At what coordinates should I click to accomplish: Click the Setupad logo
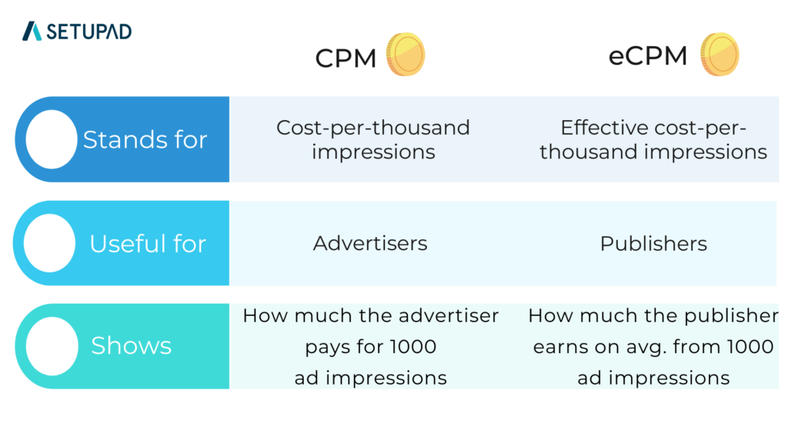[x=77, y=32]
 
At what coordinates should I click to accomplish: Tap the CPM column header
[x=346, y=58]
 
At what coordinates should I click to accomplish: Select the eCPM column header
[x=647, y=56]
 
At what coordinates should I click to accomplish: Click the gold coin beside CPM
[x=405, y=55]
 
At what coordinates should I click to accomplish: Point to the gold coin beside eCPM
[x=720, y=55]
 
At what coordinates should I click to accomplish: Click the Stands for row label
[x=145, y=140]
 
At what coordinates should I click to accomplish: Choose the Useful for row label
[x=148, y=244]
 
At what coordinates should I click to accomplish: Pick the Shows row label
[x=131, y=346]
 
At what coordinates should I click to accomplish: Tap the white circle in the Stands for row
[x=52, y=139]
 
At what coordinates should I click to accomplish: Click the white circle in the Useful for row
[x=50, y=243]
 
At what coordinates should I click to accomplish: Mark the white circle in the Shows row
[x=52, y=346]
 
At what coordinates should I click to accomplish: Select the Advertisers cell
[x=370, y=244]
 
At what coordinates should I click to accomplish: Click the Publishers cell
[x=653, y=244]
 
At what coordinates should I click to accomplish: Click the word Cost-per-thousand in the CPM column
[x=373, y=128]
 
